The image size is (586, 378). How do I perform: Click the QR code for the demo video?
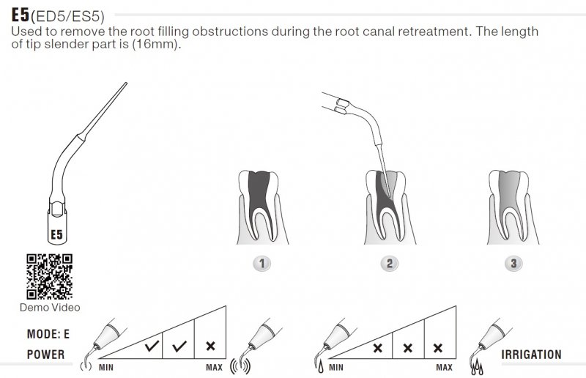click(49, 275)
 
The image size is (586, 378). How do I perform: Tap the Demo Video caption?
click(50, 308)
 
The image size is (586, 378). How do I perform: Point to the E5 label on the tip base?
click(56, 235)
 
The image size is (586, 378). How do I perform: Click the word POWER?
click(45, 355)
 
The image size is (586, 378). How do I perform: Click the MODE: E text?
click(48, 334)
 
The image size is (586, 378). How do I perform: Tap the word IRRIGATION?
click(532, 355)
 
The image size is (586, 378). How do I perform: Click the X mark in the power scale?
click(210, 346)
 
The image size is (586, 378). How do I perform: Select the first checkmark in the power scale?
click(152, 346)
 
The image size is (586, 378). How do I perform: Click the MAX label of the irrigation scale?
click(444, 366)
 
